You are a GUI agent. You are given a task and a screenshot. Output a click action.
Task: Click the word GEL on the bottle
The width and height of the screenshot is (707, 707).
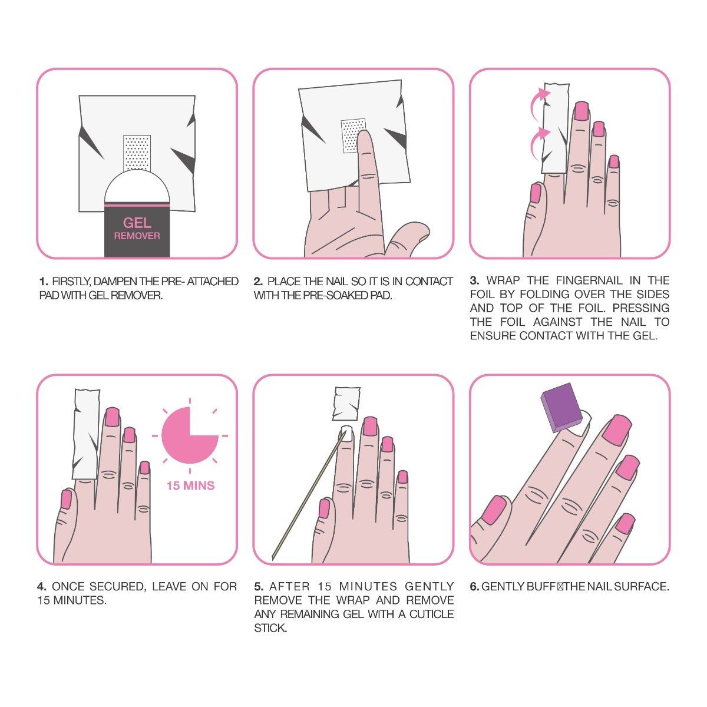pyautogui.click(x=137, y=223)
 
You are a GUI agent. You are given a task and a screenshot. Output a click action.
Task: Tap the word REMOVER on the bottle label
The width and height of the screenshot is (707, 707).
pyautogui.click(x=137, y=236)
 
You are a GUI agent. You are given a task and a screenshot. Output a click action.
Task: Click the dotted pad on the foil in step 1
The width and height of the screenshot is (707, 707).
pyautogui.click(x=137, y=151)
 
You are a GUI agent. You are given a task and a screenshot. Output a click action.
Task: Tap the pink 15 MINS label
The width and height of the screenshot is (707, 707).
pyautogui.click(x=190, y=486)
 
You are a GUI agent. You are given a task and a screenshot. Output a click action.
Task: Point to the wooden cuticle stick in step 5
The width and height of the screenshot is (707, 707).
pyautogui.click(x=306, y=495)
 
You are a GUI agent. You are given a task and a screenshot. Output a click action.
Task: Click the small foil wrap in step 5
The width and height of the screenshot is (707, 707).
pyautogui.click(x=346, y=402)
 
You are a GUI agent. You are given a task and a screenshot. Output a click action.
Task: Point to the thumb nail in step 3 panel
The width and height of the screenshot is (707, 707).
pyautogui.click(x=536, y=192)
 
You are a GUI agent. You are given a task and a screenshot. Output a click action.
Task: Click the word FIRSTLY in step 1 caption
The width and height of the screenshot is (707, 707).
pyautogui.click(x=68, y=282)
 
